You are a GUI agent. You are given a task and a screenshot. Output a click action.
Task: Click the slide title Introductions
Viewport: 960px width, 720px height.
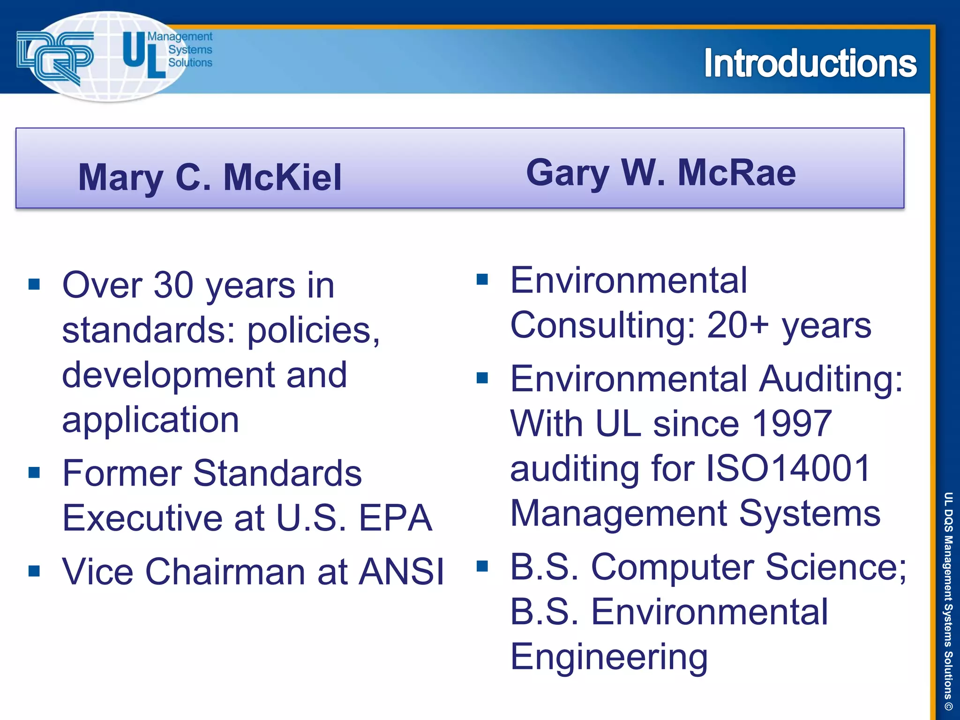point(810,63)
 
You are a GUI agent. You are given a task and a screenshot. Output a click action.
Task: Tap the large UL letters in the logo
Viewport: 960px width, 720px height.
point(143,55)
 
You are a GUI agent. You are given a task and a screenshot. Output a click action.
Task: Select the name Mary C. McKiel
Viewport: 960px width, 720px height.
point(210,177)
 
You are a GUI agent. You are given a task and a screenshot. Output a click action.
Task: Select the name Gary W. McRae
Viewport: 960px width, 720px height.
point(660,172)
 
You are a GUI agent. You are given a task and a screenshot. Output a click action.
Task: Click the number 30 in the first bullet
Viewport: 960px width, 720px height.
point(173,285)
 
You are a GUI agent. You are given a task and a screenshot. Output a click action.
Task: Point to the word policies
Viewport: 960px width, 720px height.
point(313,330)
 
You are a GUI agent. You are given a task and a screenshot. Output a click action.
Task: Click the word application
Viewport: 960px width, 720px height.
point(150,420)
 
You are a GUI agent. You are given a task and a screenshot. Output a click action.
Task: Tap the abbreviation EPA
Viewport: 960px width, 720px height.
point(395,518)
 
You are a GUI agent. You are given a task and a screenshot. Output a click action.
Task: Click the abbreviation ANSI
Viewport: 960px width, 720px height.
point(401,571)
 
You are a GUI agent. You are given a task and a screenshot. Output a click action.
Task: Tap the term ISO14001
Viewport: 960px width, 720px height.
point(788,468)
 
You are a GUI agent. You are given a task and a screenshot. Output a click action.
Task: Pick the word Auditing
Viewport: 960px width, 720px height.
point(830,379)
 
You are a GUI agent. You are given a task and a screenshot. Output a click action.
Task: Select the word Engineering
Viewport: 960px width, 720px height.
point(609,657)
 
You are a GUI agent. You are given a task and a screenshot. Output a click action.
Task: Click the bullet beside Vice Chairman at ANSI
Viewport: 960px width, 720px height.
point(34,571)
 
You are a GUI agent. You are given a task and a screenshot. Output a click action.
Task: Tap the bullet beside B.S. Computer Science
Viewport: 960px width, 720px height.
point(482,566)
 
